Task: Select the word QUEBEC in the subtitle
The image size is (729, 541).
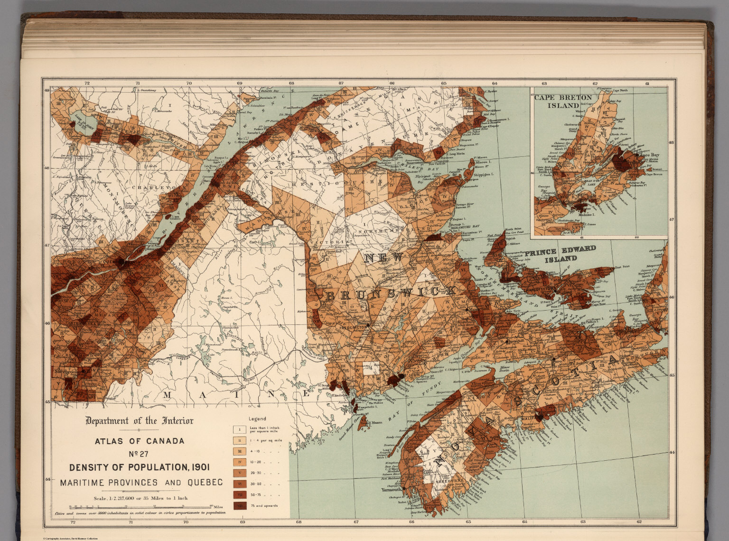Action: pyautogui.click(x=205, y=483)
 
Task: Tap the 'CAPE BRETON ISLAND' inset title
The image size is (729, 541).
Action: pyautogui.click(x=563, y=101)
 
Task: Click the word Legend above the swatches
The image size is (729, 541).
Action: pyautogui.click(x=257, y=419)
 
